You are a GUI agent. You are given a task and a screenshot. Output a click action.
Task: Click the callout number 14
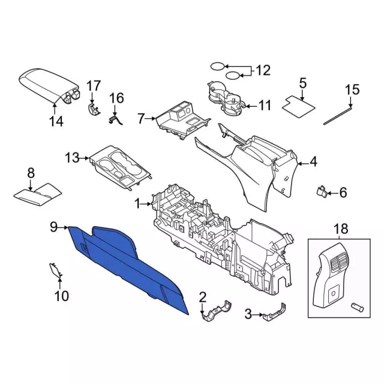pyautogui.click(x=56, y=121)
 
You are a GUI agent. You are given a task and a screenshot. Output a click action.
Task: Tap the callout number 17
pyautogui.click(x=94, y=86)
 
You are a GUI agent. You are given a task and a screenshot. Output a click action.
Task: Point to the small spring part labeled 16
pyautogui.click(x=115, y=120)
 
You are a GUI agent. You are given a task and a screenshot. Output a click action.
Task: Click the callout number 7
pyautogui.click(x=141, y=119)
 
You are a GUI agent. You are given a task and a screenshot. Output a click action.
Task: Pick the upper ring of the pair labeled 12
pyautogui.click(x=217, y=67)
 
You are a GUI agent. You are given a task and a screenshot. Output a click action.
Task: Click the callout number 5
pyautogui.click(x=303, y=83)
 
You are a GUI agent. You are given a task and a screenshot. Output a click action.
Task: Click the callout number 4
pyautogui.click(x=313, y=162)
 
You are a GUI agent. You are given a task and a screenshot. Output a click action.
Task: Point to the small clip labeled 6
pyautogui.click(x=322, y=191)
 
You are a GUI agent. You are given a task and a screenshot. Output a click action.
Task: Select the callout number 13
pyautogui.click(x=72, y=158)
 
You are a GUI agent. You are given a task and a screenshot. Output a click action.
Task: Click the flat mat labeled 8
pyautogui.click(x=37, y=194)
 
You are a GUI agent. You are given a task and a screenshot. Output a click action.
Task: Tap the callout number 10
pyautogui.click(x=61, y=296)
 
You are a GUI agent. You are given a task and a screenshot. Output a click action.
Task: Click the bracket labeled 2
pyautogui.click(x=217, y=311)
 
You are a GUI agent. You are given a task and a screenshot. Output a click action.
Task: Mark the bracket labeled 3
pyautogui.click(x=275, y=312)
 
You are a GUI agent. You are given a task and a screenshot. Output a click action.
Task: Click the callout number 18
pyautogui.click(x=341, y=229)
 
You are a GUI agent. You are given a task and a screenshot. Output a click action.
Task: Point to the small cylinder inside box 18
pyautogui.click(x=358, y=307)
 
